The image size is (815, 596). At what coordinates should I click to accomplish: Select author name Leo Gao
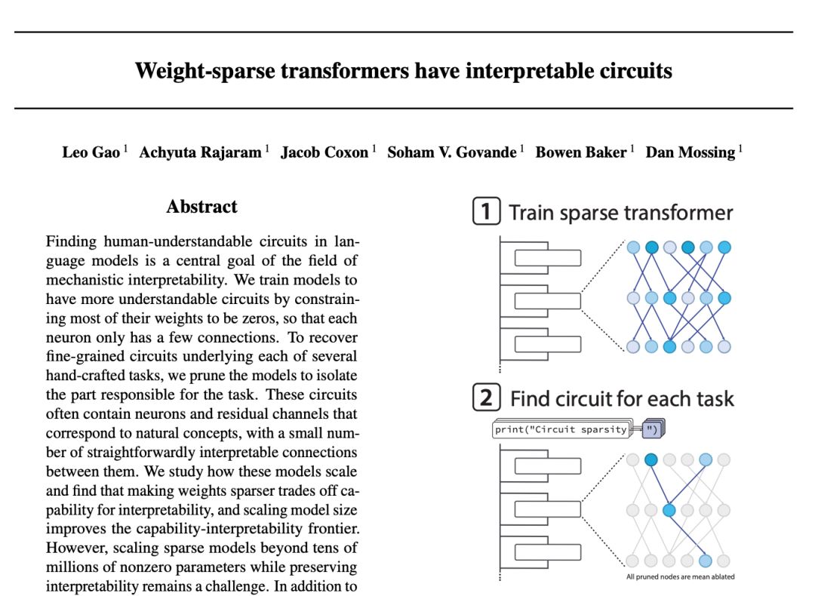point(91,152)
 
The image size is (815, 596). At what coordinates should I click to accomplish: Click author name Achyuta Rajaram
point(200,152)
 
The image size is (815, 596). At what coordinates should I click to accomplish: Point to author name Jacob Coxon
point(324,152)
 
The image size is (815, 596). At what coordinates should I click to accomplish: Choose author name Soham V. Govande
point(452,152)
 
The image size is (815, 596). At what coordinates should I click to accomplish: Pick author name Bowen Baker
point(580,152)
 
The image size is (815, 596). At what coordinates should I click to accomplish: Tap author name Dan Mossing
point(690,152)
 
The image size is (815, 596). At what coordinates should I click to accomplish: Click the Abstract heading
point(201,207)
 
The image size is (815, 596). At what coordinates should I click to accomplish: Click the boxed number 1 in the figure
point(486,212)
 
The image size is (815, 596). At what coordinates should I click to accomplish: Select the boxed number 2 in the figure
point(486,398)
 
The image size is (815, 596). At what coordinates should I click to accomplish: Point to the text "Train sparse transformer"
point(621,213)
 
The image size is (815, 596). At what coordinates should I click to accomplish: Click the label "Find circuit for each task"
point(622,398)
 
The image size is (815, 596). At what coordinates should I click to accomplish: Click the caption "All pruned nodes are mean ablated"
point(680,577)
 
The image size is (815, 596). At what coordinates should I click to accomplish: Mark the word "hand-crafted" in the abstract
point(84,376)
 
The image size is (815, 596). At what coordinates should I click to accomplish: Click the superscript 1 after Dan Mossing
point(740,149)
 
